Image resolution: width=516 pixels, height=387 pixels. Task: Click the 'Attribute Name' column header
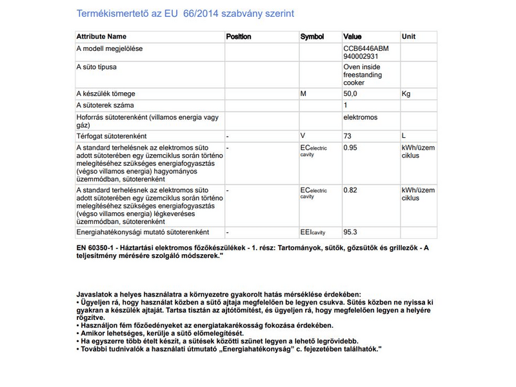point(101,37)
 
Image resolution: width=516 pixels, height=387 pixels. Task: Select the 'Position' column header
point(239,37)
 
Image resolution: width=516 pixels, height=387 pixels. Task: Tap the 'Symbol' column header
point(312,37)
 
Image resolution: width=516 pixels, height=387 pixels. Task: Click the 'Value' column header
point(352,37)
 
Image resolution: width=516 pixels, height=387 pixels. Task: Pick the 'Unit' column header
point(408,37)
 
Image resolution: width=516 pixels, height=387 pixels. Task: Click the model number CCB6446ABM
point(366,48)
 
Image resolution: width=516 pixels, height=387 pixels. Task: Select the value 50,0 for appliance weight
point(350,94)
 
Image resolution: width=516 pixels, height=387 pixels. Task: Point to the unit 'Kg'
point(406,94)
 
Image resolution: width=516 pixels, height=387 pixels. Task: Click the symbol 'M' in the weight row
point(303,94)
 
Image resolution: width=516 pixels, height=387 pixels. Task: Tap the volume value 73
point(348,136)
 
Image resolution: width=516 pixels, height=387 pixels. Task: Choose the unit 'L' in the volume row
point(404,136)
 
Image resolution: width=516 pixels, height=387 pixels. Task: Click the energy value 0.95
point(350,148)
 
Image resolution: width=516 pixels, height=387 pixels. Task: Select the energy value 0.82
point(350,190)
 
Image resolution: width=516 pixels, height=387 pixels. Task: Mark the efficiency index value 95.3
point(350,232)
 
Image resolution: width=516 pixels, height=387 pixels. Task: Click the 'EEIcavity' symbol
point(313,232)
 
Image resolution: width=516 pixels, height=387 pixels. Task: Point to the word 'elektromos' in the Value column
point(361,117)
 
